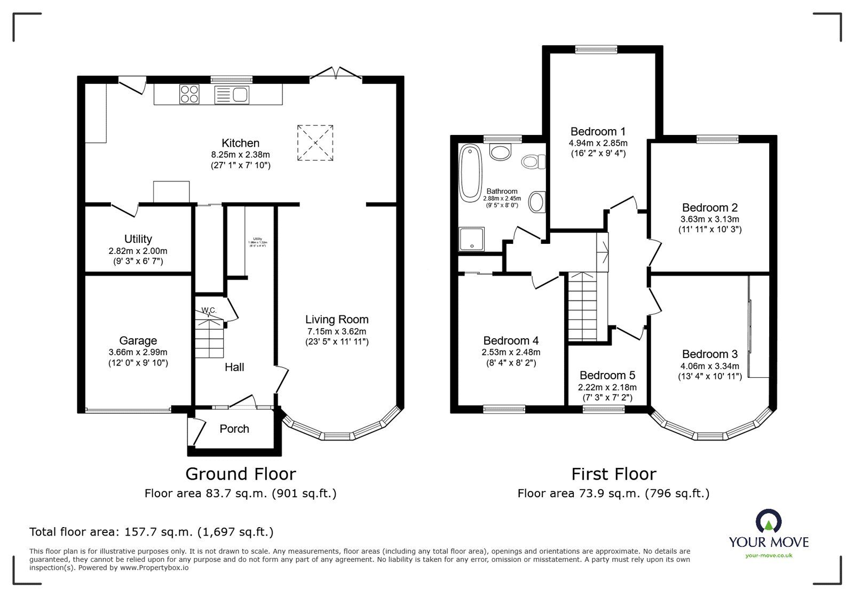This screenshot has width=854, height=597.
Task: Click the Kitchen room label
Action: tap(240, 143)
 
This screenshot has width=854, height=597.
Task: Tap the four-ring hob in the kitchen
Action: tap(189, 94)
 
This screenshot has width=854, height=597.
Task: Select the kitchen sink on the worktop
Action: tap(233, 95)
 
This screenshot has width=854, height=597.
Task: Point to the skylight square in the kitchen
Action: tap(315, 142)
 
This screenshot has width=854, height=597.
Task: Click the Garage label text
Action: tap(138, 340)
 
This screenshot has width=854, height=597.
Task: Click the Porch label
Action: tap(234, 429)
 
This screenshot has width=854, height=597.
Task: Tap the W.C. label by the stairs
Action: tap(208, 310)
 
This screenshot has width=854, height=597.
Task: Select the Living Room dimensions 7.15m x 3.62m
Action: tap(337, 331)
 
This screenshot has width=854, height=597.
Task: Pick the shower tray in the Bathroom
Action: tap(472, 238)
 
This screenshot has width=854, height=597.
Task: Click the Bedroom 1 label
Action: tap(597, 132)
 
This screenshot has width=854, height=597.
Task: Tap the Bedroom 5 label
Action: tap(607, 376)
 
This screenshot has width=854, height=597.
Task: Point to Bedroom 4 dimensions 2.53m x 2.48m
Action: tap(511, 352)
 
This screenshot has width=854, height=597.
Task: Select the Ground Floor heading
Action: tap(240, 474)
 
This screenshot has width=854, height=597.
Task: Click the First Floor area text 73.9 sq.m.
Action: tap(613, 493)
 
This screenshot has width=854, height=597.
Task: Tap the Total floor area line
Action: tap(151, 532)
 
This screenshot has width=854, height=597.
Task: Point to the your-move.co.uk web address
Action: tap(769, 555)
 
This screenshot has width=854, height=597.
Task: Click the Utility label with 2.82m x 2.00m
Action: tap(138, 239)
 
